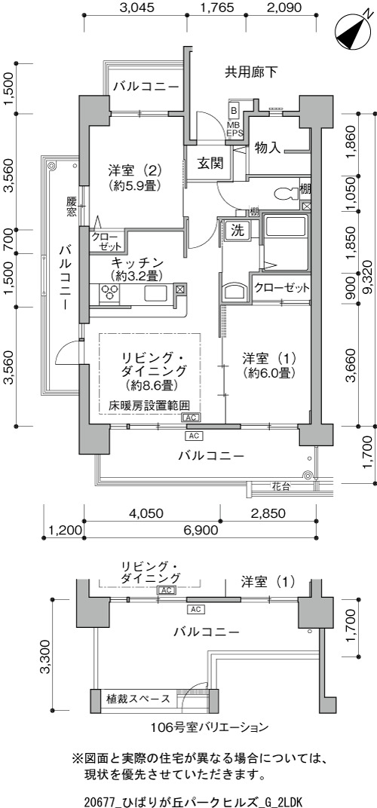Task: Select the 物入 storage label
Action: [x=268, y=148]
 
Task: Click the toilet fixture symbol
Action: [x=287, y=194]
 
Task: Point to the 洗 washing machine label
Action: [x=237, y=231]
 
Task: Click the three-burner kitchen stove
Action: [x=109, y=293]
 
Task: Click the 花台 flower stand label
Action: [x=281, y=485]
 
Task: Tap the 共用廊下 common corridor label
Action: [x=251, y=72]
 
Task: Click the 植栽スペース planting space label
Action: [x=138, y=699]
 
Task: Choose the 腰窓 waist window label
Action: [x=72, y=206]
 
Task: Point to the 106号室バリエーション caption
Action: [x=210, y=727]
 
